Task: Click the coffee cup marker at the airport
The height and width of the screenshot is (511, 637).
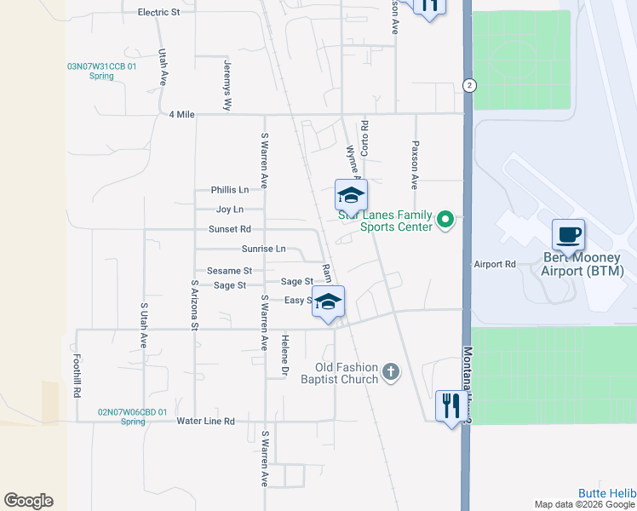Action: tap(568, 234)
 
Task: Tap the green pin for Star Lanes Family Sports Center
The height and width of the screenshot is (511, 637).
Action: tap(444, 221)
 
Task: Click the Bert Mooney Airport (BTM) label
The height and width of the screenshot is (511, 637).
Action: tap(582, 264)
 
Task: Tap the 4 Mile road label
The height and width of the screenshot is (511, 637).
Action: tap(182, 114)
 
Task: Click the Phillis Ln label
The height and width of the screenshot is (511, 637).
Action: tap(230, 190)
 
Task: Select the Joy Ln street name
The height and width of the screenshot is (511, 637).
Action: tap(230, 210)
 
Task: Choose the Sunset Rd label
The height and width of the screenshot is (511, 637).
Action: tap(230, 229)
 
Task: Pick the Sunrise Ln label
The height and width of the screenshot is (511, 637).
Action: tap(263, 249)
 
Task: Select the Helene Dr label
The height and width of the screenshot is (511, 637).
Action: tap(285, 356)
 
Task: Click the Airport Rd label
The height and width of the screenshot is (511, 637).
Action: tap(495, 265)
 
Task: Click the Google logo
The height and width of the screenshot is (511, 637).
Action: tap(28, 501)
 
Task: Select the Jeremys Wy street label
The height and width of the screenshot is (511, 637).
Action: tap(227, 86)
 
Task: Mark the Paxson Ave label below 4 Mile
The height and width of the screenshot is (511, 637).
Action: tap(416, 164)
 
